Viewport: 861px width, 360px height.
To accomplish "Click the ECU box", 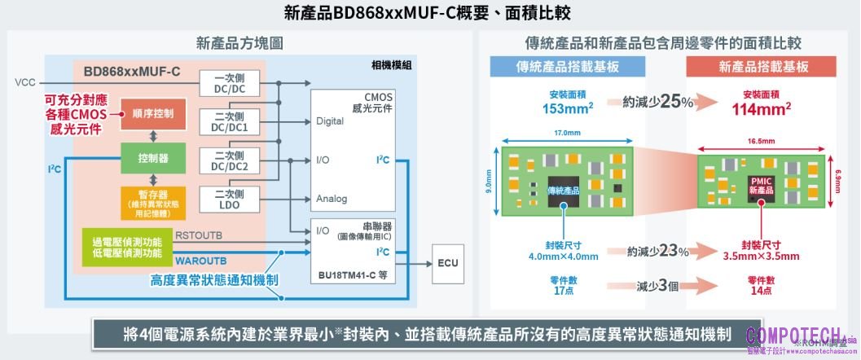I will [x=448, y=263].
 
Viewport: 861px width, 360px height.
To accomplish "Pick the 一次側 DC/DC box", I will [x=229, y=83].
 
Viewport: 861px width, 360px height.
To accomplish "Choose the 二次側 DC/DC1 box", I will [x=229, y=121].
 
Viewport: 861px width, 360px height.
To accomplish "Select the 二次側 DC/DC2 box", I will [x=229, y=160].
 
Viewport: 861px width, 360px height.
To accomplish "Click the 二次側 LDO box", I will [x=229, y=199].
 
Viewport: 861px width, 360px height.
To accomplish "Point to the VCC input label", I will [x=24, y=83].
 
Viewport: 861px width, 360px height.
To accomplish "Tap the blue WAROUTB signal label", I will [x=200, y=261].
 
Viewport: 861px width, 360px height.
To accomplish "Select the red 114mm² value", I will [x=762, y=108].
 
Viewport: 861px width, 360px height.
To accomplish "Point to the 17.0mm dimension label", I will [x=566, y=133].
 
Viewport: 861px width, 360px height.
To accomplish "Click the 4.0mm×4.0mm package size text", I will [x=561, y=257].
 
